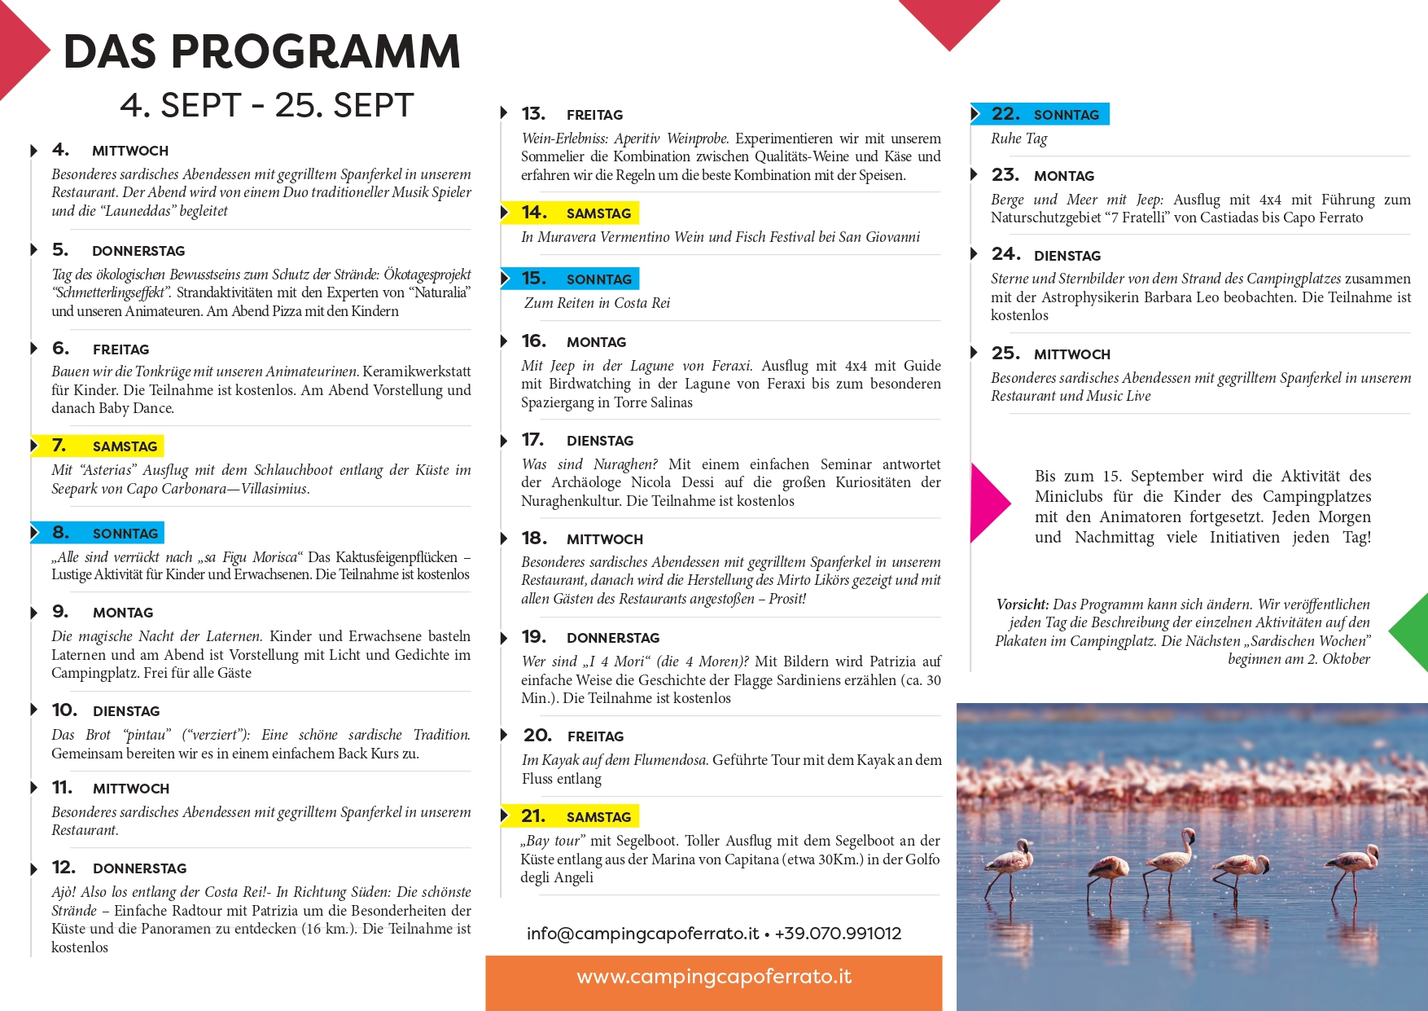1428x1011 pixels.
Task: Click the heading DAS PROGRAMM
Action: coord(261,51)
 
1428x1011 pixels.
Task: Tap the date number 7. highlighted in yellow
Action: coord(59,446)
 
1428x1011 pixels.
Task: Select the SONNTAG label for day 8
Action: coord(125,534)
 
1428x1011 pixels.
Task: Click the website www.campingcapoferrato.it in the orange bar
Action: coord(714,977)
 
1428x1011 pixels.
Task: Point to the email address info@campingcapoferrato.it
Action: coord(642,934)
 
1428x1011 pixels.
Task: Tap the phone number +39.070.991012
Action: coord(838,934)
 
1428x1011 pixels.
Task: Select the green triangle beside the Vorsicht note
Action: coord(1412,632)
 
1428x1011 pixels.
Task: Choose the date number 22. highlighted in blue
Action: coord(1005,114)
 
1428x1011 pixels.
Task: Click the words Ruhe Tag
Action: coord(1019,138)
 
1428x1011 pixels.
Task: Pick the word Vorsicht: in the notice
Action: coord(1022,604)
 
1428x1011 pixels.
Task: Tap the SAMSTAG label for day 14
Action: coord(598,213)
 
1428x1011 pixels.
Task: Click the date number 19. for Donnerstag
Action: coord(533,636)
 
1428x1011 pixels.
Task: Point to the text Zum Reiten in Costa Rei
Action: coord(597,303)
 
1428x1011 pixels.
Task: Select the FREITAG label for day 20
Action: coord(595,736)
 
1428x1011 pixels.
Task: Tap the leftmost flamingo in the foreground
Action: coord(1010,866)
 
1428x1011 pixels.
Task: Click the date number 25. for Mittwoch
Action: coord(1005,354)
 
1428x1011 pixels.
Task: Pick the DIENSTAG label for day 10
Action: coord(126,711)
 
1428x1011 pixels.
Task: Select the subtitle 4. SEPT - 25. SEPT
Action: coord(266,105)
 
